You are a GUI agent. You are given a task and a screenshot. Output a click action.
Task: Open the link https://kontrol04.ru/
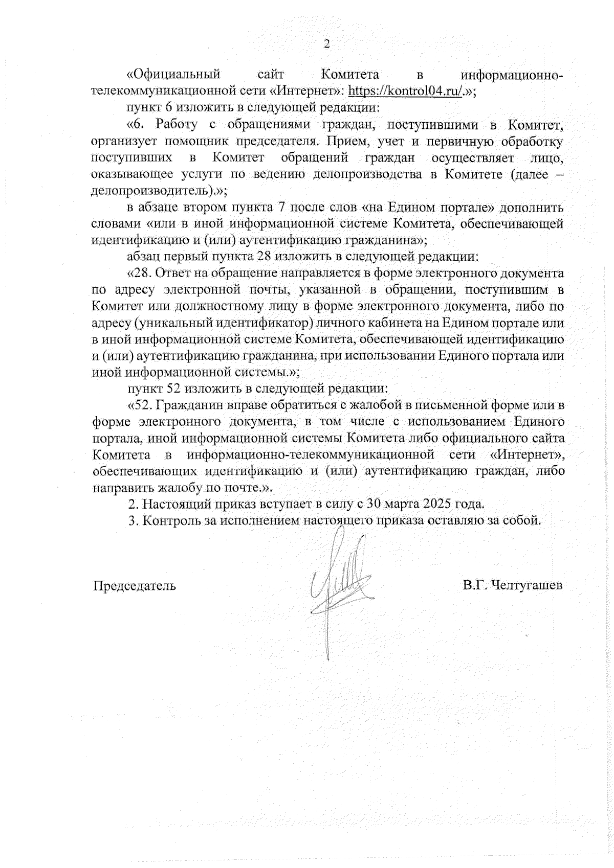[x=405, y=92]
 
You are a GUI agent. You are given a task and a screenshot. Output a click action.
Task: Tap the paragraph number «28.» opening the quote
[x=141, y=274]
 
